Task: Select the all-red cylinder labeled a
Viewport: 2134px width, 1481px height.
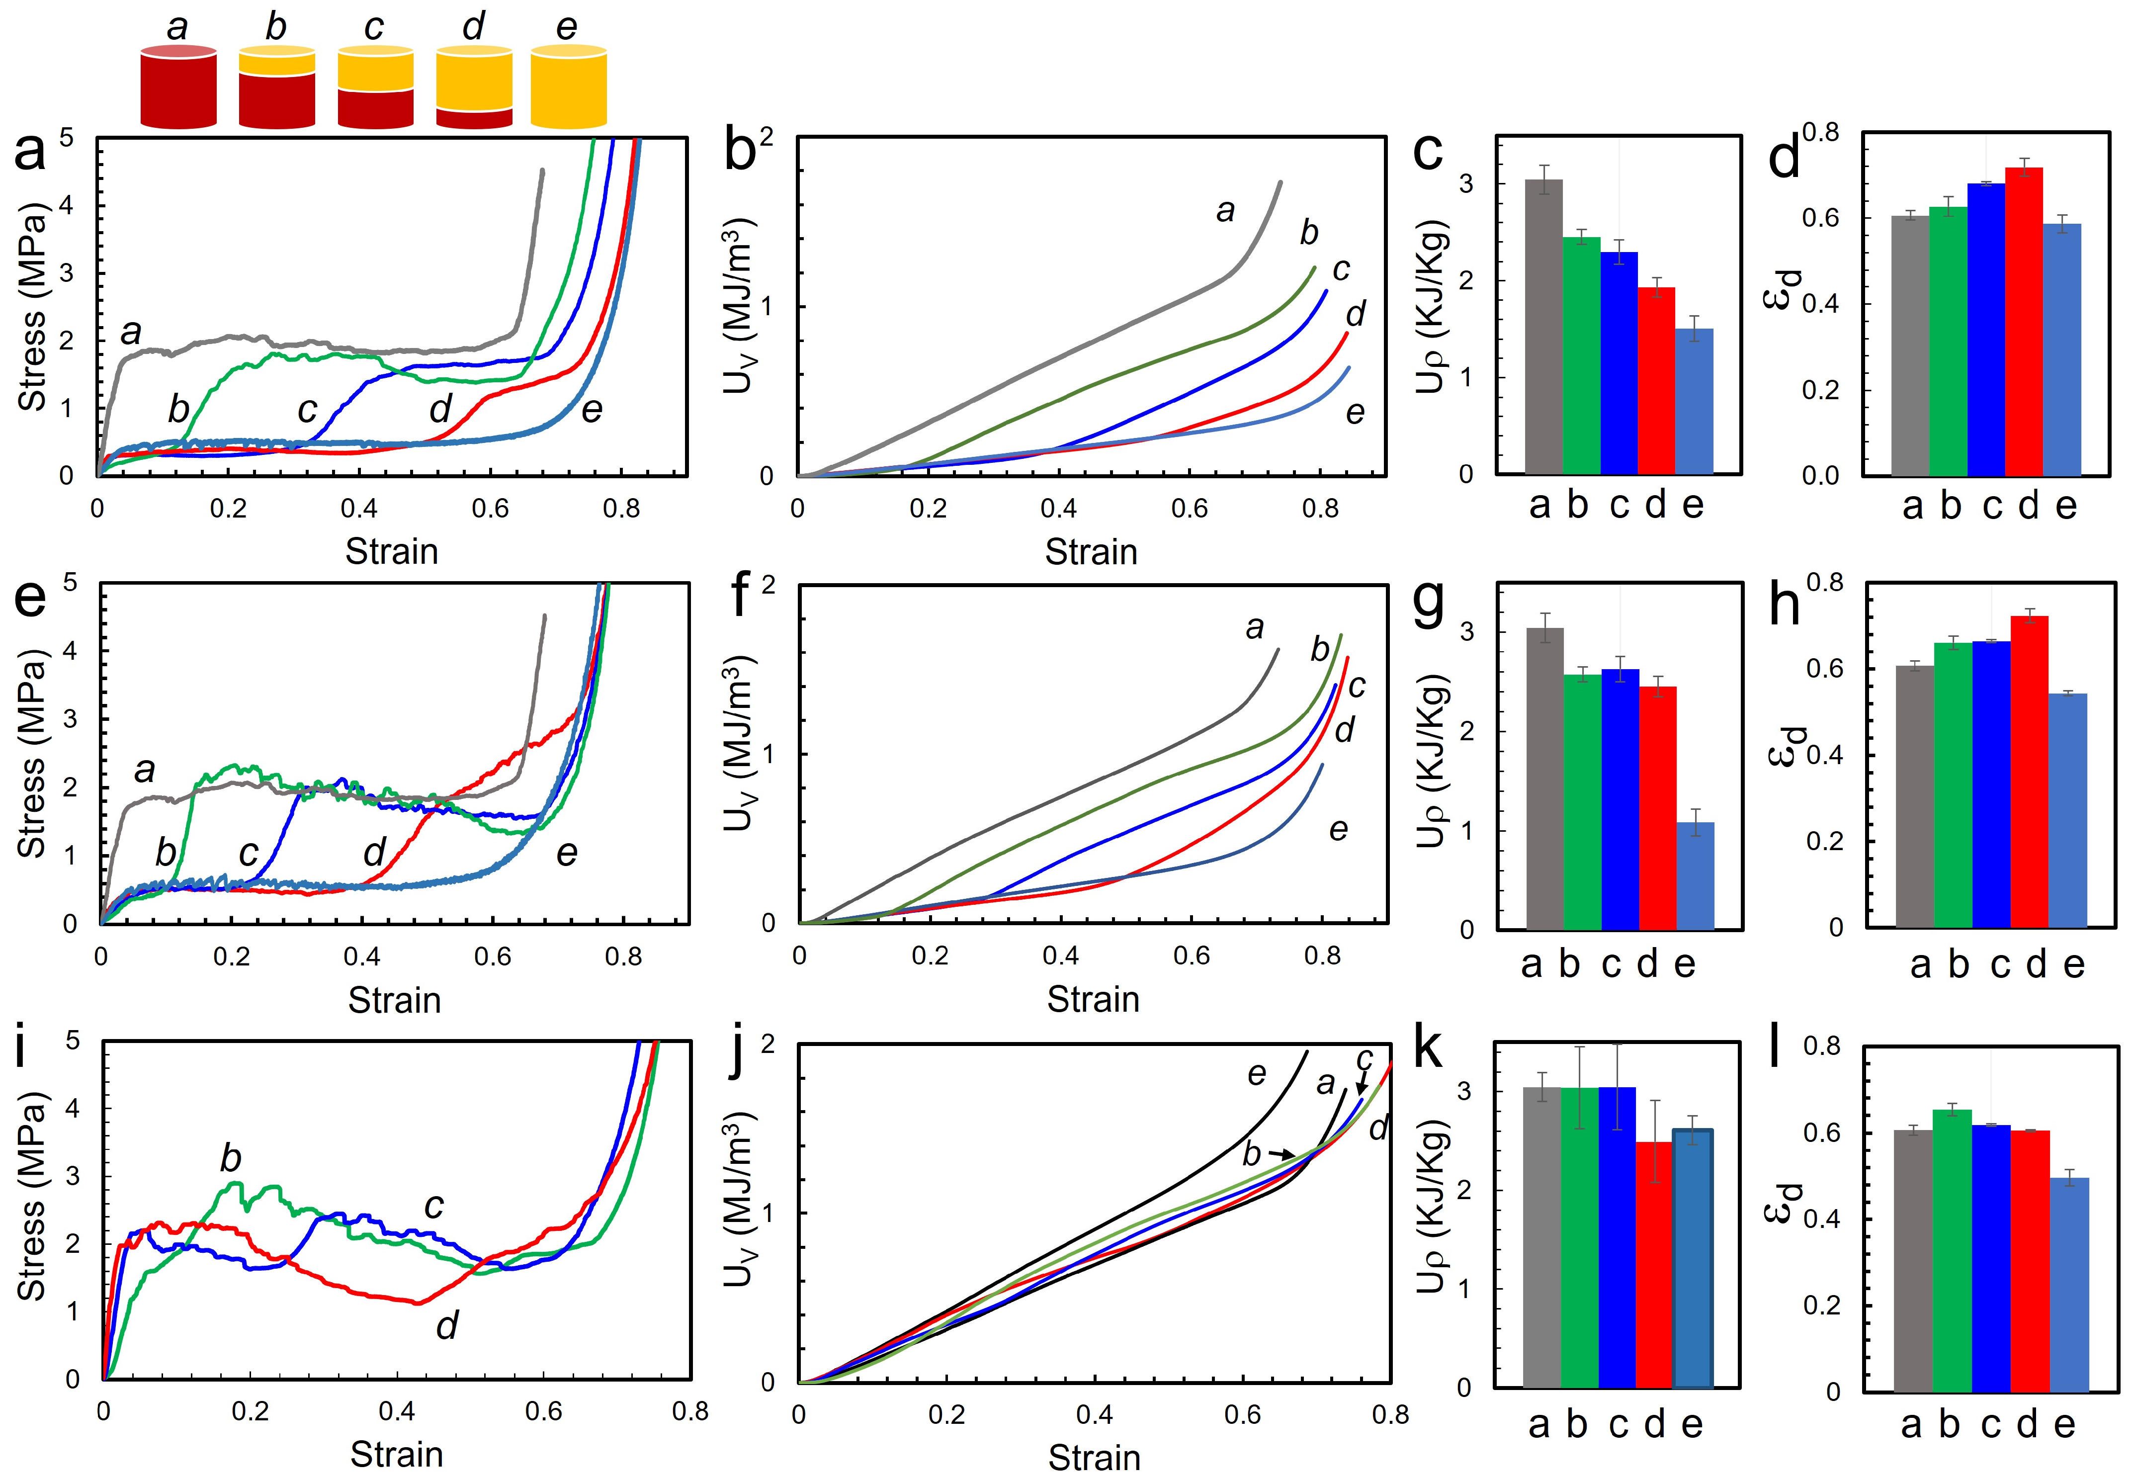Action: pyautogui.click(x=178, y=88)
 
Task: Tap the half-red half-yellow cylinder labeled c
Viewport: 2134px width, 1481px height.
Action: pyautogui.click(x=375, y=88)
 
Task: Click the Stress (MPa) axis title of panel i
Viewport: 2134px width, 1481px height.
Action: pyautogui.click(x=32, y=1197)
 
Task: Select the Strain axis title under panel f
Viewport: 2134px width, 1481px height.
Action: pyautogui.click(x=1093, y=999)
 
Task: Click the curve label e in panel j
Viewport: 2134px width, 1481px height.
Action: pyautogui.click(x=1256, y=1074)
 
